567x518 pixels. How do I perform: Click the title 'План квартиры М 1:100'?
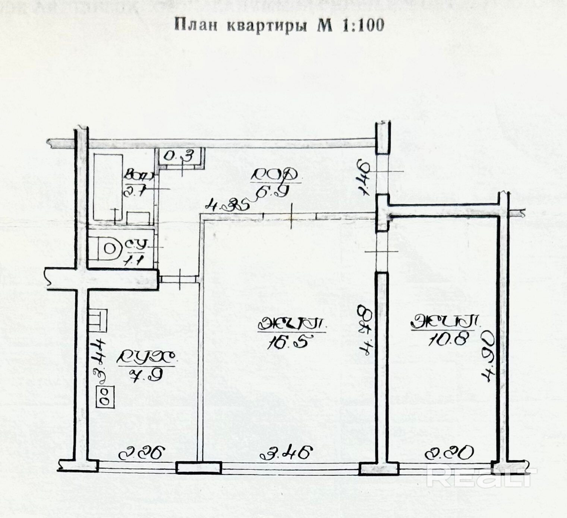point(279,25)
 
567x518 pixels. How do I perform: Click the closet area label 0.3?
point(179,156)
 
